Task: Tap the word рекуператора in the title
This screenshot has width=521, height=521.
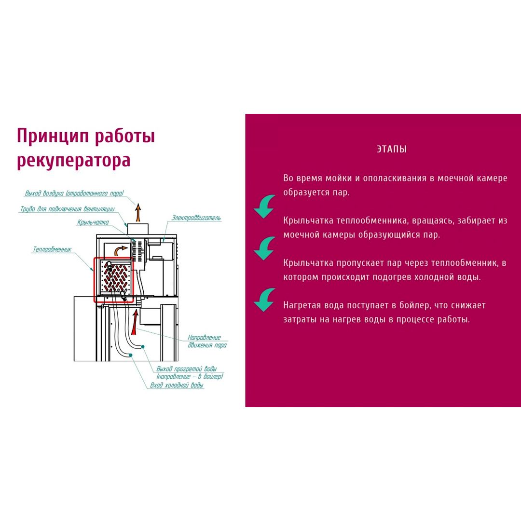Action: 73,161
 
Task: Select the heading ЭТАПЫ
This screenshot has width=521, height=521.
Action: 392,149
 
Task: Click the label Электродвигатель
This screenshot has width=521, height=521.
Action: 196,218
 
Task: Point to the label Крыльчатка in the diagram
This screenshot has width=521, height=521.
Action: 93,222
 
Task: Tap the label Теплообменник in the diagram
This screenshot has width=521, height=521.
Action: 52,249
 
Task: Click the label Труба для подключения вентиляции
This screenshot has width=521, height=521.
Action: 68,209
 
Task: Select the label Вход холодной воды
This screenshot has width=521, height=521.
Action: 177,385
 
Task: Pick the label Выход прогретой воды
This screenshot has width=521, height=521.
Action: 186,369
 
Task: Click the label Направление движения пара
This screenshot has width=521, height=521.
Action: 207,341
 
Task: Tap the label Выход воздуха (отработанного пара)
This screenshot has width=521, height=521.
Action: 74,193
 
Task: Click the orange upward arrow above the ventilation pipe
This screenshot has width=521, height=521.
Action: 138,213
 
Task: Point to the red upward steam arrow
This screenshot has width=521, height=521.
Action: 135,322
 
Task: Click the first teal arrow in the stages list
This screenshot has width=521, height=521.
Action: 264,206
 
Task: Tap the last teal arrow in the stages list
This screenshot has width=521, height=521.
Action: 264,300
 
